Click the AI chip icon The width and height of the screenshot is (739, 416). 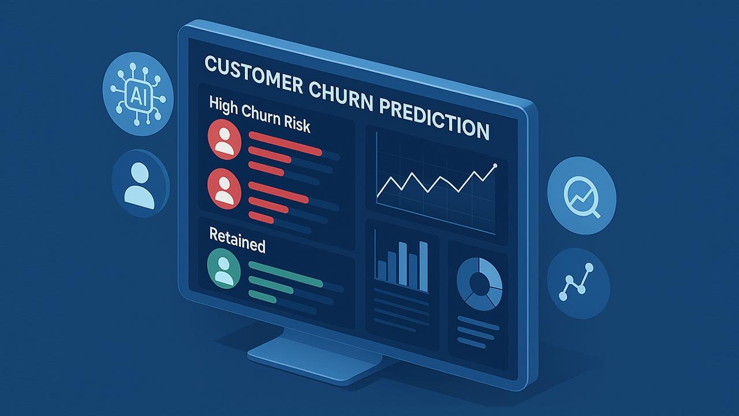pos(137,94)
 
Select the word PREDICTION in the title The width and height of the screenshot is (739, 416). pos(434,120)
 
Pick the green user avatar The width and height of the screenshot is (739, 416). pos(224,269)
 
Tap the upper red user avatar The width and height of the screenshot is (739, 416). pos(225,140)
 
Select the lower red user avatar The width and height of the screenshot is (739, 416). pos(225,188)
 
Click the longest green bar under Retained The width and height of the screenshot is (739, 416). pos(285,274)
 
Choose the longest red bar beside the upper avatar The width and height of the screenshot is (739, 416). pos(285,143)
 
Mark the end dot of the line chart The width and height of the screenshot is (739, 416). pos(495,165)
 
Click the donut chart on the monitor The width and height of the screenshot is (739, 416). pos(480,284)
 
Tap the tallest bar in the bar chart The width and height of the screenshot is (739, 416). pos(424,266)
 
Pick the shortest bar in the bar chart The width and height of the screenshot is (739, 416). pos(382,271)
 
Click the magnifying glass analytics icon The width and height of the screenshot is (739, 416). pos(581,195)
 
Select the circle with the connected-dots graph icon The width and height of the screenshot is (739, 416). pos(578,283)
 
